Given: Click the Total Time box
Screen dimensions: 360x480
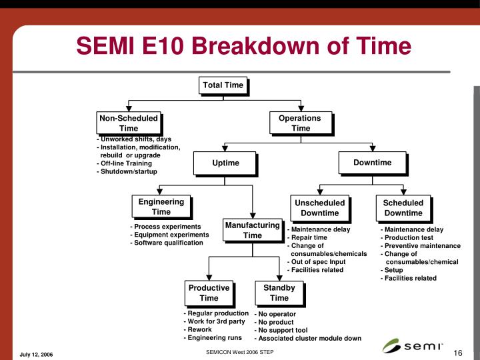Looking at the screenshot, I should [x=223, y=85].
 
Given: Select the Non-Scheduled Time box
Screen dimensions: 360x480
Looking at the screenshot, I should [x=129, y=123].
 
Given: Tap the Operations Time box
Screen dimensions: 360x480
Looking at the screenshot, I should [x=300, y=123].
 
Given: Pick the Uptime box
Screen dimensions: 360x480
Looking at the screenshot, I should [x=225, y=163].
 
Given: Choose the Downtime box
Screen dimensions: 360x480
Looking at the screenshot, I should [x=373, y=163].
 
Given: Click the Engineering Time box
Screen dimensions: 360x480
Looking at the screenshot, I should [x=161, y=207].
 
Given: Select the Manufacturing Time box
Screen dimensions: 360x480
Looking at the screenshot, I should [x=252, y=230].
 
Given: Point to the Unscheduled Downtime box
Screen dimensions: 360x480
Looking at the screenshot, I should [x=320, y=208].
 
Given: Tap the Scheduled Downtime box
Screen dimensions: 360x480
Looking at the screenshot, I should [x=403, y=208].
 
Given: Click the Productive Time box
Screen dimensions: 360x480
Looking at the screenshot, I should [x=209, y=293].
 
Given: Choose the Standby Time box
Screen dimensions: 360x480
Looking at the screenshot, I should [x=279, y=293].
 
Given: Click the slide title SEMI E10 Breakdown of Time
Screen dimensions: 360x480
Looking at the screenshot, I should [x=243, y=47].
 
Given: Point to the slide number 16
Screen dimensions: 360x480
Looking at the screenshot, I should [x=458, y=353].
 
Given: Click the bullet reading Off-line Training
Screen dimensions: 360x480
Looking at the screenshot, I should [x=125, y=163].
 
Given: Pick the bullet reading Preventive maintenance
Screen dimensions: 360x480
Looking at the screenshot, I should [x=421, y=246].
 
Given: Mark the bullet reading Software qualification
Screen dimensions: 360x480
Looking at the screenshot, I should [x=167, y=243].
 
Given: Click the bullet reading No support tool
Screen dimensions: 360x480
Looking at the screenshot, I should [x=281, y=330].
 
